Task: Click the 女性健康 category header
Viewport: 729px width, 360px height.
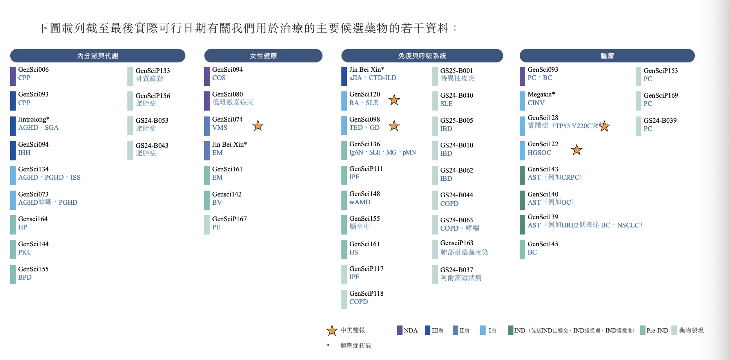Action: tap(263, 56)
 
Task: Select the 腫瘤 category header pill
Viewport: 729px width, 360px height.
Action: tap(607, 56)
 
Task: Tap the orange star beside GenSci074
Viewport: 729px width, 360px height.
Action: tap(258, 125)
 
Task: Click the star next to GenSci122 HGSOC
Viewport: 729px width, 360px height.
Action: tap(577, 150)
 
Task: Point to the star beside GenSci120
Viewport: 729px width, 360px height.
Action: tap(394, 100)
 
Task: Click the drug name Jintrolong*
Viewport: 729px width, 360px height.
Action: tap(34, 119)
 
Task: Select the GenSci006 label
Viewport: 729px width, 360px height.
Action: tap(33, 69)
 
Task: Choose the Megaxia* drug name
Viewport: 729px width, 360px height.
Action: tap(541, 94)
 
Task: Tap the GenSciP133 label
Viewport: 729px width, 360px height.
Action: tap(153, 71)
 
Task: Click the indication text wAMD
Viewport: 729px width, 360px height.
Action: tap(360, 202)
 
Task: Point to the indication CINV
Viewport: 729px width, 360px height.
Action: tap(536, 103)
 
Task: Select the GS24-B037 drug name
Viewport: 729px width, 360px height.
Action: tap(457, 270)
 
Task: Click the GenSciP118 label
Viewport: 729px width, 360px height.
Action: tap(366, 293)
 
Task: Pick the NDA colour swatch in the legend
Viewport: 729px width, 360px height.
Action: tap(400, 330)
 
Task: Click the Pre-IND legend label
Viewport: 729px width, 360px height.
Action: tap(657, 331)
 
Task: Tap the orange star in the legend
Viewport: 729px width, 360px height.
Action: tap(332, 330)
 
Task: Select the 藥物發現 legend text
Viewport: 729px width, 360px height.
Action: tap(691, 330)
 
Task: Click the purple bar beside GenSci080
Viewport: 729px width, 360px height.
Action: tap(207, 101)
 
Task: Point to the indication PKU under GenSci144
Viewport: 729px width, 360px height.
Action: tap(25, 252)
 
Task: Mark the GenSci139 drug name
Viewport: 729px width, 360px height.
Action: tap(543, 217)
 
